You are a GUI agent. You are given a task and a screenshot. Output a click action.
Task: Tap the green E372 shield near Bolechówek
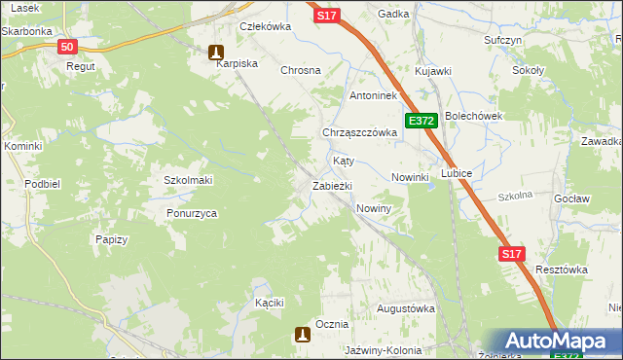tap(421, 121)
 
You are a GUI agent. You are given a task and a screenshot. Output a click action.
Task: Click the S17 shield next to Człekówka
tap(327, 16)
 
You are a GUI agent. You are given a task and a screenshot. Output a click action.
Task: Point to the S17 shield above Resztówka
tap(513, 254)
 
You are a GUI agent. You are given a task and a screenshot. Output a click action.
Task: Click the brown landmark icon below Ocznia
tap(303, 335)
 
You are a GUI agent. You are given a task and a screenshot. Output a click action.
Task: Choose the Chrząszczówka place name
tap(359, 132)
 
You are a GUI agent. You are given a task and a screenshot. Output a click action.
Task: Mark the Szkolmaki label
tap(188, 180)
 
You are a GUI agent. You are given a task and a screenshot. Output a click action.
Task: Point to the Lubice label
tap(457, 173)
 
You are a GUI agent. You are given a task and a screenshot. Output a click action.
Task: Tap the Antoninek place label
tap(373, 96)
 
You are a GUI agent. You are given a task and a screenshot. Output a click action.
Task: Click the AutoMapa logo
tap(557, 342)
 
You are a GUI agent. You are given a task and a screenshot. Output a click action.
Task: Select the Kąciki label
tap(269, 303)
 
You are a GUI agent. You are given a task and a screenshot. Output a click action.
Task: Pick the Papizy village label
tap(112, 238)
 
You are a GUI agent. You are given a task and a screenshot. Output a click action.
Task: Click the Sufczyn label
tap(503, 41)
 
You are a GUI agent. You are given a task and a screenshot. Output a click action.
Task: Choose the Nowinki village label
tap(410, 177)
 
